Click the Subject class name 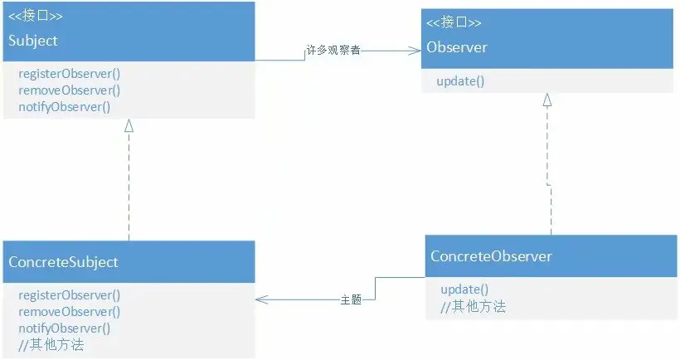click(x=33, y=40)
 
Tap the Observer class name click(x=457, y=47)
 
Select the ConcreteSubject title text click(x=63, y=262)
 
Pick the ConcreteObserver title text click(x=491, y=256)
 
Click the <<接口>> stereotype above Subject click(x=36, y=16)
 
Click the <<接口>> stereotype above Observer click(x=454, y=22)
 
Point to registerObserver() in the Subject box click(x=69, y=74)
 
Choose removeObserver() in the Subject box click(x=69, y=90)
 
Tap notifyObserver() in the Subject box click(x=64, y=107)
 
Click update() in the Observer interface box click(x=460, y=81)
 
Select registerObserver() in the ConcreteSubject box click(x=69, y=295)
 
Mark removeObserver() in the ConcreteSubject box click(x=69, y=312)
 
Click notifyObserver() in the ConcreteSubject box click(x=64, y=328)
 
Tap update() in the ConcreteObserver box click(x=464, y=289)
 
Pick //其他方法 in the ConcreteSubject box click(x=51, y=345)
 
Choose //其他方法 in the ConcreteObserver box click(x=473, y=306)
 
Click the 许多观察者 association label click(x=333, y=51)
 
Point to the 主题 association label click(x=351, y=299)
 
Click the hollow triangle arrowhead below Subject click(x=129, y=126)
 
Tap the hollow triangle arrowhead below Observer click(x=546, y=100)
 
